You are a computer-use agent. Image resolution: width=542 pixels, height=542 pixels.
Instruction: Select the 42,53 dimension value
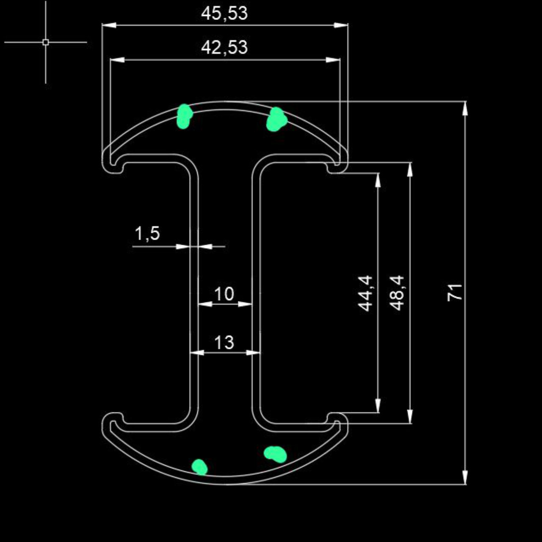(224, 48)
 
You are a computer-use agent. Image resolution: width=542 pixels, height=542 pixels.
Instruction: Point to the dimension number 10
(224, 294)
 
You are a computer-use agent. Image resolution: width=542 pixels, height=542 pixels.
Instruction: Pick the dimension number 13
(224, 342)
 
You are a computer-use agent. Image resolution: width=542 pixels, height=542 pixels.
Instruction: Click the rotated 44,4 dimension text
(366, 293)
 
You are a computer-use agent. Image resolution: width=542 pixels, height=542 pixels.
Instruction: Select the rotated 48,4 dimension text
(398, 293)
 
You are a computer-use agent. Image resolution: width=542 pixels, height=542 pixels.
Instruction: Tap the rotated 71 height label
(454, 293)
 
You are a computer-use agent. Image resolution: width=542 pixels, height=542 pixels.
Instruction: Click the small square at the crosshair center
(46, 42)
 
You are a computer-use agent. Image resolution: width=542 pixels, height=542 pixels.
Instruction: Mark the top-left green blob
(184, 116)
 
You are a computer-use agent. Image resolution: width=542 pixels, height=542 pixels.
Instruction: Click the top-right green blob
(277, 119)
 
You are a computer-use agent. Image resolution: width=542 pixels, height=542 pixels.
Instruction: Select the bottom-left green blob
(199, 467)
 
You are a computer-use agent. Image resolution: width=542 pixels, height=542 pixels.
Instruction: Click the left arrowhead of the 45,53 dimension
(109, 25)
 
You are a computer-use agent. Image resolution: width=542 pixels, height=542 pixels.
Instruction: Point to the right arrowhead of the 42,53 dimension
(333, 60)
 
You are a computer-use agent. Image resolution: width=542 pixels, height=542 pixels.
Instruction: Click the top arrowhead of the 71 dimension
(465, 108)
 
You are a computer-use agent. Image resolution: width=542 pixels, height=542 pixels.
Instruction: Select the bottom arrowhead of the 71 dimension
(465, 477)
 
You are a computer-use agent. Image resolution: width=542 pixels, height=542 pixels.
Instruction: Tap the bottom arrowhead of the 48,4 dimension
(410, 416)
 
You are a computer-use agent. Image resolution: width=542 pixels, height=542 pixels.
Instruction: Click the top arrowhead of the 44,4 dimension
(378, 180)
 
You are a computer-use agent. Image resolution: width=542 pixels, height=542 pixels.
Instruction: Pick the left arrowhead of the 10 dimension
(205, 304)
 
